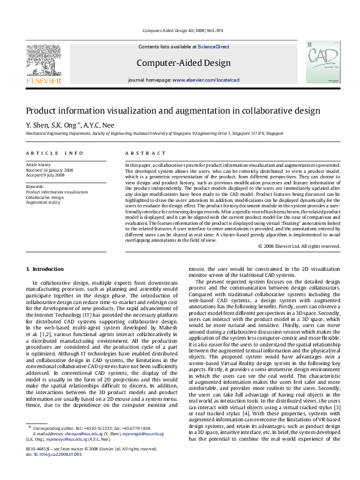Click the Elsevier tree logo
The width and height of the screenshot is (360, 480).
[x=43, y=62]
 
